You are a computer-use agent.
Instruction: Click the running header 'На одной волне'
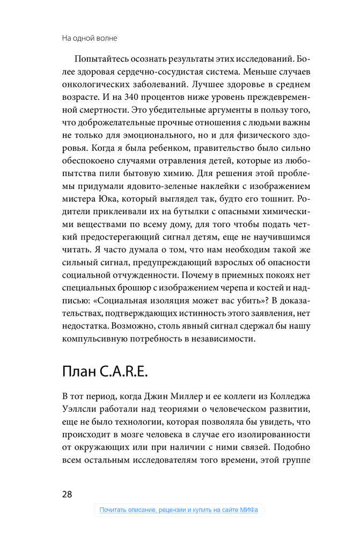[x=90, y=38]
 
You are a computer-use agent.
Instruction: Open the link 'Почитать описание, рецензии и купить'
[x=179, y=510]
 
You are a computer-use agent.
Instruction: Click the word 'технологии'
[x=136, y=424]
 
